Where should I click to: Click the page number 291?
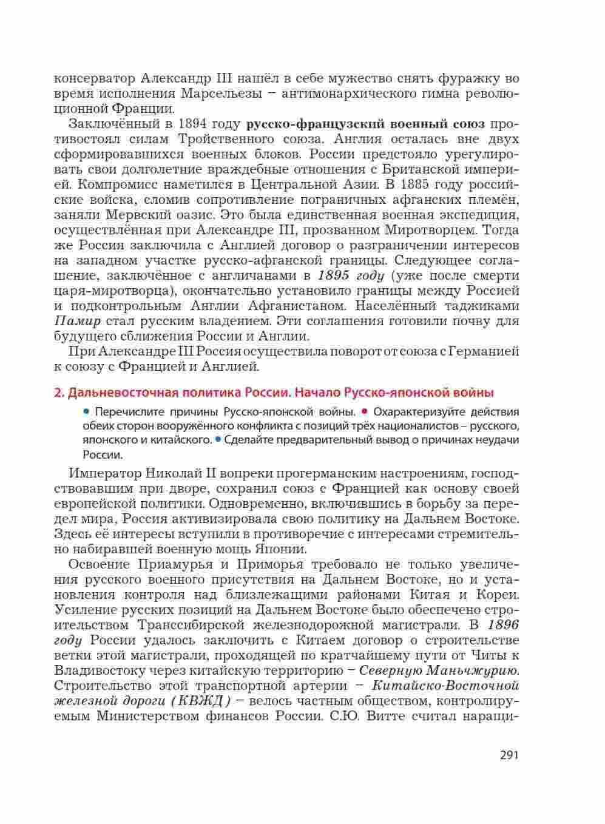[509, 755]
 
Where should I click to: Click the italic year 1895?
[331, 275]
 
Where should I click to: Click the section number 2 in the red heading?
[58, 392]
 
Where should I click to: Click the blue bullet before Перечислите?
[87, 411]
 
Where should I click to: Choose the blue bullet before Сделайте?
[217, 439]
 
